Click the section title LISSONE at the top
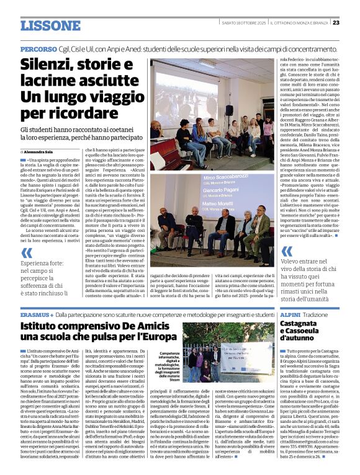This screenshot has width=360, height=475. [50, 25]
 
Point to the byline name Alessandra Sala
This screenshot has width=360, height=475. [40, 151]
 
